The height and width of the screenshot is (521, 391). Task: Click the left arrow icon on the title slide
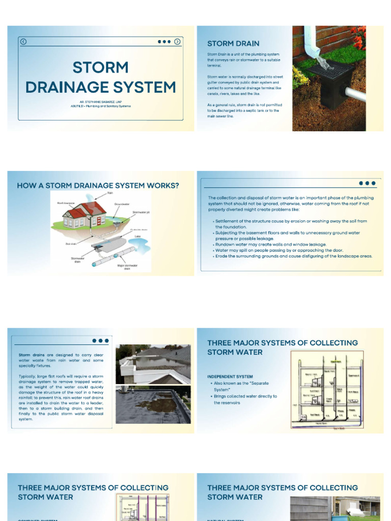pos(23,42)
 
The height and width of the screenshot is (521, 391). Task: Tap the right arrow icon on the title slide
pos(177,42)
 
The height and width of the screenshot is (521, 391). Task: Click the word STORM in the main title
pos(100,68)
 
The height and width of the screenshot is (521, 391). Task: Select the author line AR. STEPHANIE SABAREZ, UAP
pos(101,102)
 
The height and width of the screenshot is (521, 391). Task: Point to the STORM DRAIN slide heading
pos(233,44)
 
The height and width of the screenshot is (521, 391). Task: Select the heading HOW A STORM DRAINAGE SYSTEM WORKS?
pos(98,186)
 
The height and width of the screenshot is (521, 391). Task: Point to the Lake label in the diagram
pos(137,237)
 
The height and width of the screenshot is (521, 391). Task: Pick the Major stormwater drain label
pos(127,267)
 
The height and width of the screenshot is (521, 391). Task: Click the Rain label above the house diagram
pos(109,193)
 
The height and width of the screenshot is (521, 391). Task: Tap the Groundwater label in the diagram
pos(122,204)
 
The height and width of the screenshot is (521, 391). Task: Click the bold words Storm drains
pos(32,355)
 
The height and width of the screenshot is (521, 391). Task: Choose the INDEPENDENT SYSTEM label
pos(230,377)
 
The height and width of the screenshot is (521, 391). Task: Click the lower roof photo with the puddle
pos(153,404)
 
